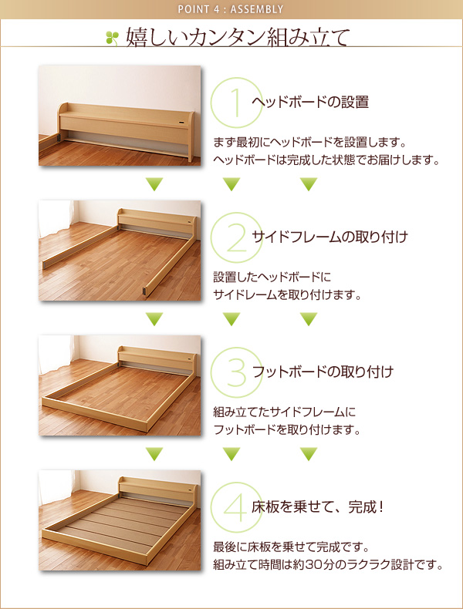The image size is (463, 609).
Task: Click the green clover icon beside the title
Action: pos(112,39)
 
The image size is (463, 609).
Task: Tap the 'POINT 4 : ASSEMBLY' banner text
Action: pos(231,9)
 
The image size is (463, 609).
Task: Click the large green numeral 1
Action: pos(236,103)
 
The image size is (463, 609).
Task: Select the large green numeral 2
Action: pos(236,237)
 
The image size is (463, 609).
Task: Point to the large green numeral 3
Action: pos(236,372)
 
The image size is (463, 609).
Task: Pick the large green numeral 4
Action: pos(236,506)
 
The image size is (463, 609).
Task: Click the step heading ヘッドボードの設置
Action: pos(310,103)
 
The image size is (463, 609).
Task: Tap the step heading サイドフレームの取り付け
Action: pos(330,237)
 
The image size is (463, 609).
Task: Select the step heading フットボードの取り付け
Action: pos(323,372)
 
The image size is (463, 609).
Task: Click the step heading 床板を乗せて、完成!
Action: pos(318,506)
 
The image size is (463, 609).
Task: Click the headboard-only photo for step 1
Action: pos(120,116)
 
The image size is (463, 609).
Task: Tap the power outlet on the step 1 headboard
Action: pos(183,123)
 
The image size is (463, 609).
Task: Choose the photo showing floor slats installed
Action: pos(120,520)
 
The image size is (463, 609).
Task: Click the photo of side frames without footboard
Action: pos(120,251)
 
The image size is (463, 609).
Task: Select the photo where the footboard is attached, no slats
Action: pos(120,385)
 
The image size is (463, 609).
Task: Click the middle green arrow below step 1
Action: pos(231,183)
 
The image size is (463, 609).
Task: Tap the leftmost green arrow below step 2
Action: pos(154,319)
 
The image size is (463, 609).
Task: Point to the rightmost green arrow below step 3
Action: pos(309,453)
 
